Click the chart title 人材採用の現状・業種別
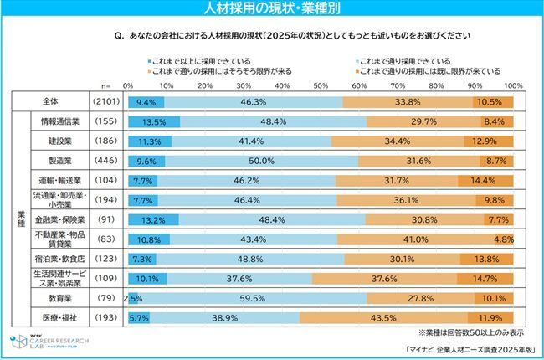click(x=271, y=9)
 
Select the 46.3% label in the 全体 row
click(x=253, y=102)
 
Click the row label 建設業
click(x=59, y=141)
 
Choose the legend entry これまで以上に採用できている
click(x=200, y=61)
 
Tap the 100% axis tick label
click(x=513, y=85)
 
